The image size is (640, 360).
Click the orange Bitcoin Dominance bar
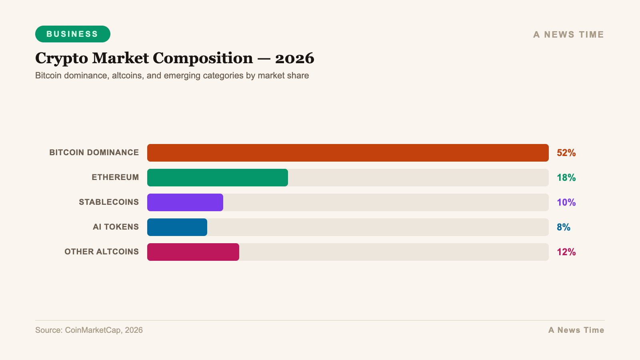(x=348, y=153)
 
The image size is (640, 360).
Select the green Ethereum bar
(x=218, y=178)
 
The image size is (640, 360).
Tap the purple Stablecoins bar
(x=185, y=202)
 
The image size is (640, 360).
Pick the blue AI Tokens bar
(x=177, y=227)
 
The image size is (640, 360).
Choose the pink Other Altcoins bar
(x=193, y=252)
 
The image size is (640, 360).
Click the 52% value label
(x=566, y=153)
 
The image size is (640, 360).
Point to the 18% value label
(x=566, y=178)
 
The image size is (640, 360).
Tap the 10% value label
(x=566, y=202)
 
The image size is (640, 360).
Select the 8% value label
(x=564, y=227)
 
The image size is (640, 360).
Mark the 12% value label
(x=566, y=252)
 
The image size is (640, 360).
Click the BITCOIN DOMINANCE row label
(x=94, y=152)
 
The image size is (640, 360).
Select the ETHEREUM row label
(x=115, y=177)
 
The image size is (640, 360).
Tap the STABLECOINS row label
(x=109, y=202)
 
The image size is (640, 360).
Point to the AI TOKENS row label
(x=116, y=227)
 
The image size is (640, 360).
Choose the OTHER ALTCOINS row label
(x=102, y=252)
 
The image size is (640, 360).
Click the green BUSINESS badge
(x=72, y=34)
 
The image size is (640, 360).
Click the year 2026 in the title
(x=294, y=58)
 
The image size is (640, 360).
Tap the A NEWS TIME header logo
(x=568, y=35)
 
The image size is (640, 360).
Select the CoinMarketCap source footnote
(x=89, y=330)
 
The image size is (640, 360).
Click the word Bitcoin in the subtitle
(x=48, y=76)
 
